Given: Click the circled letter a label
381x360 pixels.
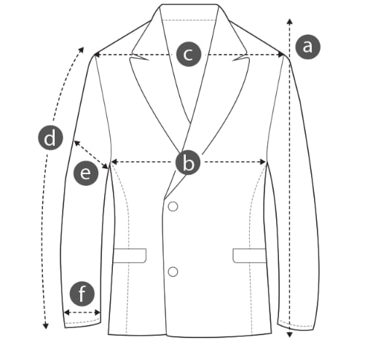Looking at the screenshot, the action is (x=307, y=47).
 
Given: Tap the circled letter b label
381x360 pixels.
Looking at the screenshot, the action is (x=188, y=163).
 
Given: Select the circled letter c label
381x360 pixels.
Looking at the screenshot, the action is (x=189, y=54).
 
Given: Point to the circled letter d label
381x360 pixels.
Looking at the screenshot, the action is (x=50, y=138).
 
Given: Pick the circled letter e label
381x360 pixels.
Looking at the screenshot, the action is (x=86, y=173).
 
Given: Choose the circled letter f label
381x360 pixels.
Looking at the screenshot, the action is (x=82, y=294).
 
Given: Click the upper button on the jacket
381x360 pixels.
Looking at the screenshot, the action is (x=173, y=206).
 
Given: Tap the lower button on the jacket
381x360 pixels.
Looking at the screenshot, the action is (x=173, y=272).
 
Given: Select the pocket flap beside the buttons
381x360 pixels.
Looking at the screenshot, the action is (x=130, y=256).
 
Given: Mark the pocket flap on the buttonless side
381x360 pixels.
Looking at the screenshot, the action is (x=250, y=256).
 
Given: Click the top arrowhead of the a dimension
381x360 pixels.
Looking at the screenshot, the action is (x=289, y=21).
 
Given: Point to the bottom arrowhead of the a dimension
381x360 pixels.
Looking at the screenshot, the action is (x=289, y=334).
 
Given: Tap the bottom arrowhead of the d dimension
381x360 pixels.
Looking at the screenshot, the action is (x=46, y=326).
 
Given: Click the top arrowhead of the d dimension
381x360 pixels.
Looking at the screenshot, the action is (x=81, y=50).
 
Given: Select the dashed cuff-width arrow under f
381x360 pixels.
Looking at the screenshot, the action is (x=82, y=313).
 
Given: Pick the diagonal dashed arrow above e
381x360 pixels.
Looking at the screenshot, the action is (x=91, y=154).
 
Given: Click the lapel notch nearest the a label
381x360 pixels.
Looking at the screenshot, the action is (x=240, y=58).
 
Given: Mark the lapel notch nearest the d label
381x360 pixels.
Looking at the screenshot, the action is (x=139, y=58).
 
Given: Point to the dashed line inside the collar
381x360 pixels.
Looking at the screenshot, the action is (x=189, y=20).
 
